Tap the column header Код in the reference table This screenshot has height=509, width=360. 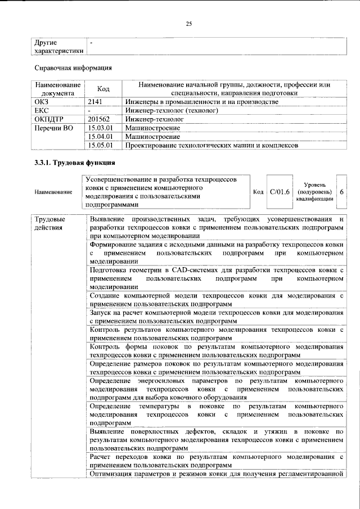(x=103, y=89)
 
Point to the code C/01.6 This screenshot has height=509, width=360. (x=280, y=192)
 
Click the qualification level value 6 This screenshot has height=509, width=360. (x=341, y=192)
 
